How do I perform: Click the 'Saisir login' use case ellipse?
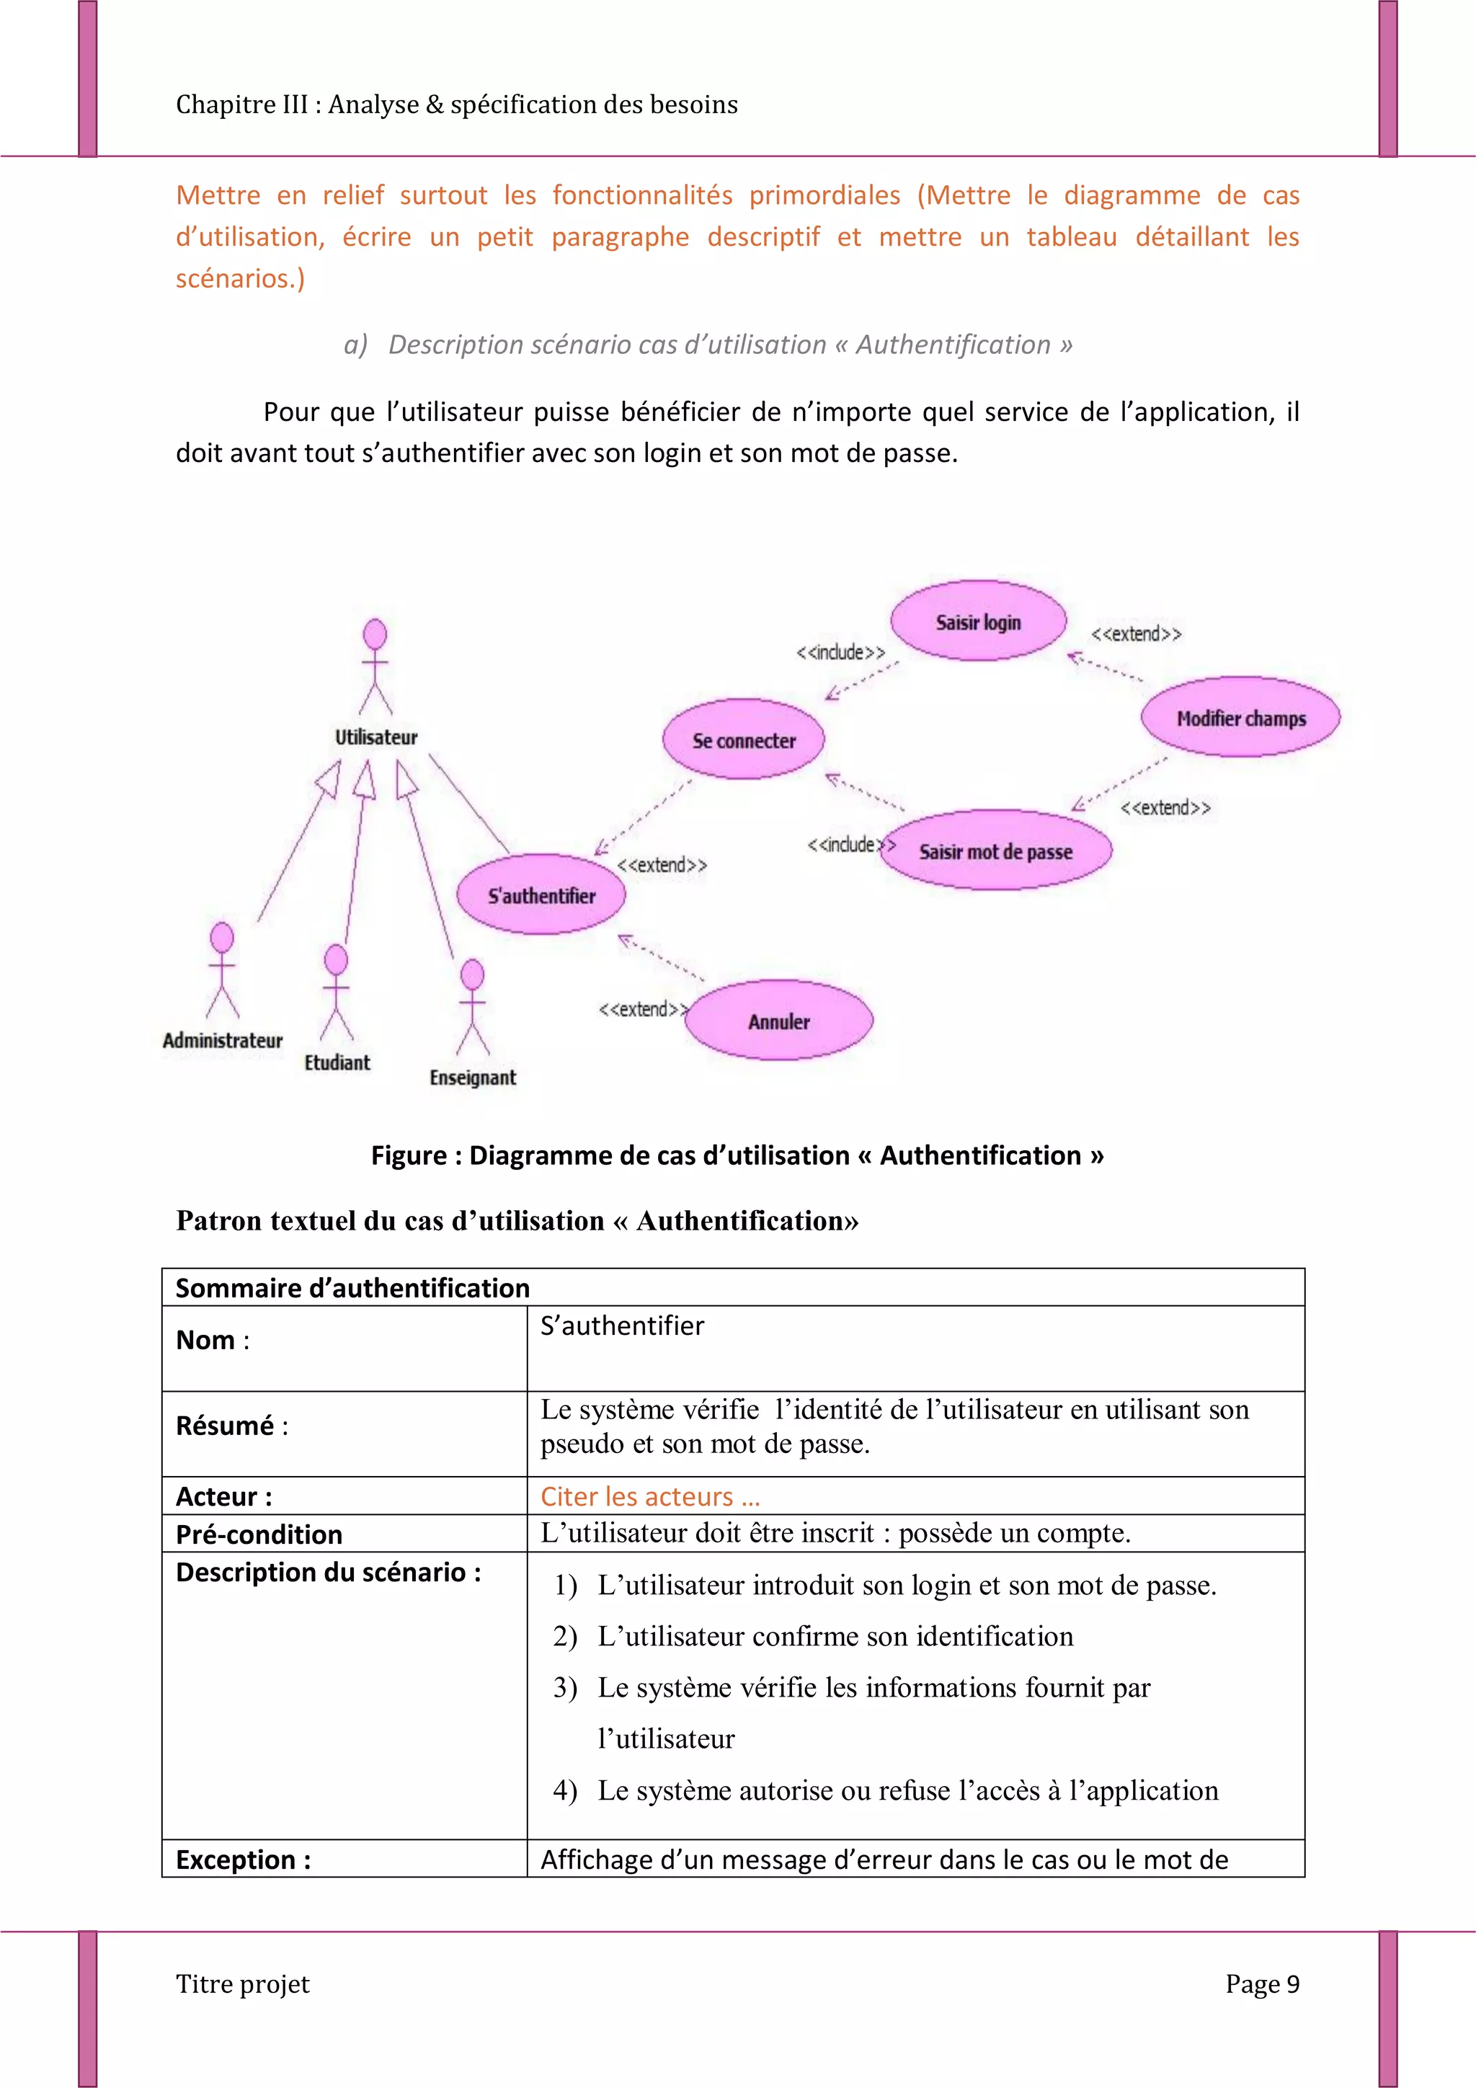tap(978, 621)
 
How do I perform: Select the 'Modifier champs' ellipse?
tap(1240, 718)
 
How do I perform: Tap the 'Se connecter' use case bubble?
tap(743, 739)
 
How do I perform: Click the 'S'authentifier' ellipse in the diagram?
tap(541, 895)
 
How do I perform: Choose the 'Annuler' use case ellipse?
tap(778, 1021)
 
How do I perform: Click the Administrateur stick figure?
tap(222, 969)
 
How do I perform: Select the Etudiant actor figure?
tap(337, 991)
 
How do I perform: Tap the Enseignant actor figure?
tap(472, 1007)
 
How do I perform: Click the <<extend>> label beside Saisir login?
tap(1136, 634)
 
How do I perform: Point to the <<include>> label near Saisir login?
tap(840, 652)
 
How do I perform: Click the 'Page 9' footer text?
tap(1261, 1984)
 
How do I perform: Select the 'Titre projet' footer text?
tap(243, 1984)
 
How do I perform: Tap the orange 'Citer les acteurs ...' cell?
tap(650, 1496)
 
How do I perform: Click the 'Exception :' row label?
tap(243, 1860)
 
